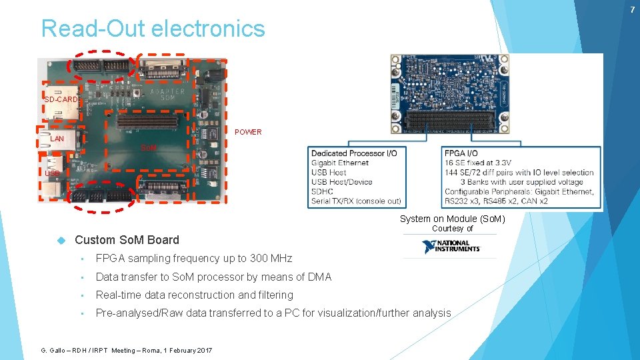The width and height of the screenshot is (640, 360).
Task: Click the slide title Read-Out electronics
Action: tap(153, 29)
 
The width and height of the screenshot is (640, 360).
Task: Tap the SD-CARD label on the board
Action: tap(61, 100)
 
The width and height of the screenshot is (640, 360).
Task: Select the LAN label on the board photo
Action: tap(57, 139)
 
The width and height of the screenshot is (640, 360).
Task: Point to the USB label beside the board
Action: tap(52, 174)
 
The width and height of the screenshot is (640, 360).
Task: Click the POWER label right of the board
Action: tap(248, 132)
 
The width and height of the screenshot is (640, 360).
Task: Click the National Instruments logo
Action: tap(451, 247)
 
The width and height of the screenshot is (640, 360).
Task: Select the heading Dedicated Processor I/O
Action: tap(353, 153)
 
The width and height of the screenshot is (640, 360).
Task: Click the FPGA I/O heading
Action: tap(465, 153)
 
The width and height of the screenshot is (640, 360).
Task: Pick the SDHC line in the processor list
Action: tap(323, 191)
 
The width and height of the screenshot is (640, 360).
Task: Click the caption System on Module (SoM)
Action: tap(452, 219)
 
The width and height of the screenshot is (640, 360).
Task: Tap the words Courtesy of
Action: tap(452, 228)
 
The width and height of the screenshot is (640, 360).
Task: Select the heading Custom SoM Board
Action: tap(127, 240)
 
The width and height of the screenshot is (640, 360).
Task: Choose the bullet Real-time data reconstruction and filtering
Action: tap(194, 295)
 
